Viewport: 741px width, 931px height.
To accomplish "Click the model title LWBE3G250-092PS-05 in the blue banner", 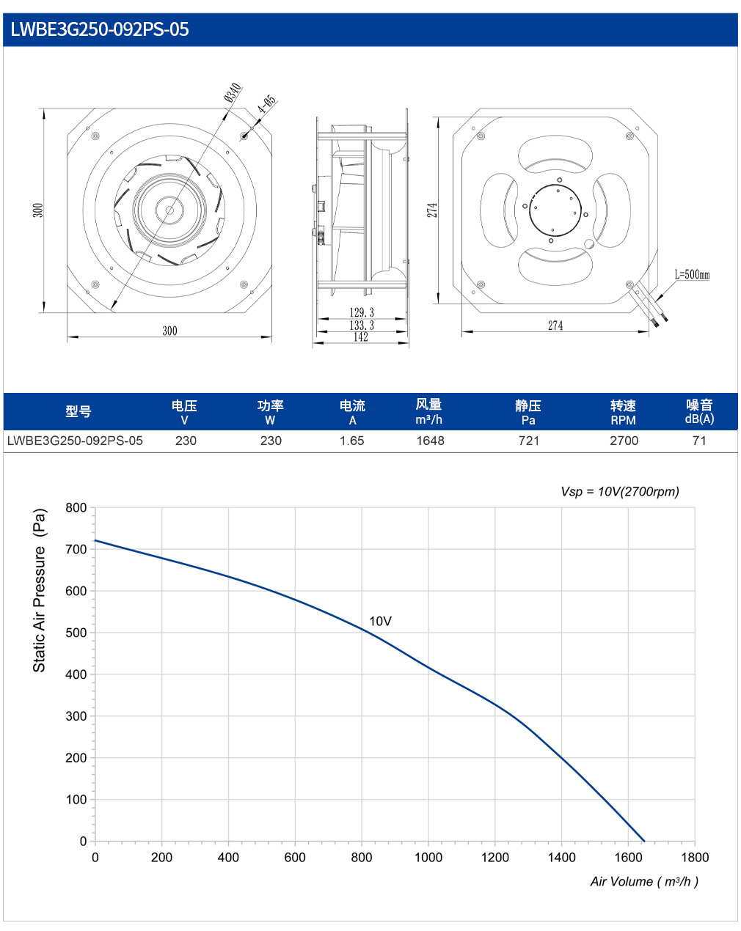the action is point(100,29).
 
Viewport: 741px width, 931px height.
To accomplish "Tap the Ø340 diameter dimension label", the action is point(233,92).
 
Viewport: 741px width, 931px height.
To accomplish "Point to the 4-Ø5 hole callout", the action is point(266,104).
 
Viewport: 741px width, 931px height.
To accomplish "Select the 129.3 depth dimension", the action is point(362,312).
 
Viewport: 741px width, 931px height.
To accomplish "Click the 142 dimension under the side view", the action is point(361,337).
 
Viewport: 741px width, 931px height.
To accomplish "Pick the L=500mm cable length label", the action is point(692,274).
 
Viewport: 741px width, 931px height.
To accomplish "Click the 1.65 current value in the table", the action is point(351,441).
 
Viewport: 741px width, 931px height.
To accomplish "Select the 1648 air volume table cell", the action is point(430,441).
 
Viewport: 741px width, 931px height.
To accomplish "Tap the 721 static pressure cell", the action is point(529,441).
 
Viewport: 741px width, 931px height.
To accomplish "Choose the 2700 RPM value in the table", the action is point(624,441).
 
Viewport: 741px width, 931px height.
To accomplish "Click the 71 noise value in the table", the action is point(699,441).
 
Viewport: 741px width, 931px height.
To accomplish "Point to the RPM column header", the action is point(623,420).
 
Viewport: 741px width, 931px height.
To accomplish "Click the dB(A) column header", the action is point(699,419).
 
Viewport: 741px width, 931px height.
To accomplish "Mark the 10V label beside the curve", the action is point(380,621).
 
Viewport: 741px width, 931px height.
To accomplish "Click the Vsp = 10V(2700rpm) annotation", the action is point(620,491).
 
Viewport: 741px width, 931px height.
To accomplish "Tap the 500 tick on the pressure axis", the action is point(76,633).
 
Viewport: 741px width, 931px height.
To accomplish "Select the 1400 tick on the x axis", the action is point(562,857).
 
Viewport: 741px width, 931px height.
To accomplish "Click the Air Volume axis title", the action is point(644,881).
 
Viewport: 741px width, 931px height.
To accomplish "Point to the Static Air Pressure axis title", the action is point(39,590).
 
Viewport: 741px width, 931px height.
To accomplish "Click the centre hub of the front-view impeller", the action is point(169,210).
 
